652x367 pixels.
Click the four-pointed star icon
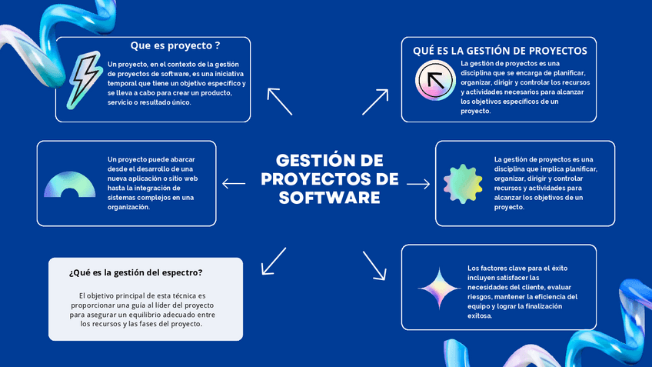pyautogui.click(x=439, y=289)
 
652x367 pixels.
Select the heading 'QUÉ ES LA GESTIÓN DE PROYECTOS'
pyautogui.click(x=500, y=51)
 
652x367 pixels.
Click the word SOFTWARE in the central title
pyautogui.click(x=330, y=197)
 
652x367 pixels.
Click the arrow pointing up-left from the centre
pyautogui.click(x=280, y=101)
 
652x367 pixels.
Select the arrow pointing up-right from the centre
pyautogui.click(x=375, y=101)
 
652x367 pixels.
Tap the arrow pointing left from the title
pyautogui.click(x=234, y=183)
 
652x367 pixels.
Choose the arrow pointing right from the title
pyautogui.click(x=418, y=184)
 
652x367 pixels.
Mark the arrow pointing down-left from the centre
pyautogui.click(x=273, y=261)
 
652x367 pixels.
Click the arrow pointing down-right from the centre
pyautogui.click(x=374, y=264)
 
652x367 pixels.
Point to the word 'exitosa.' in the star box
pyautogui.click(x=480, y=315)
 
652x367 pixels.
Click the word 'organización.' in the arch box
pyautogui.click(x=128, y=206)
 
